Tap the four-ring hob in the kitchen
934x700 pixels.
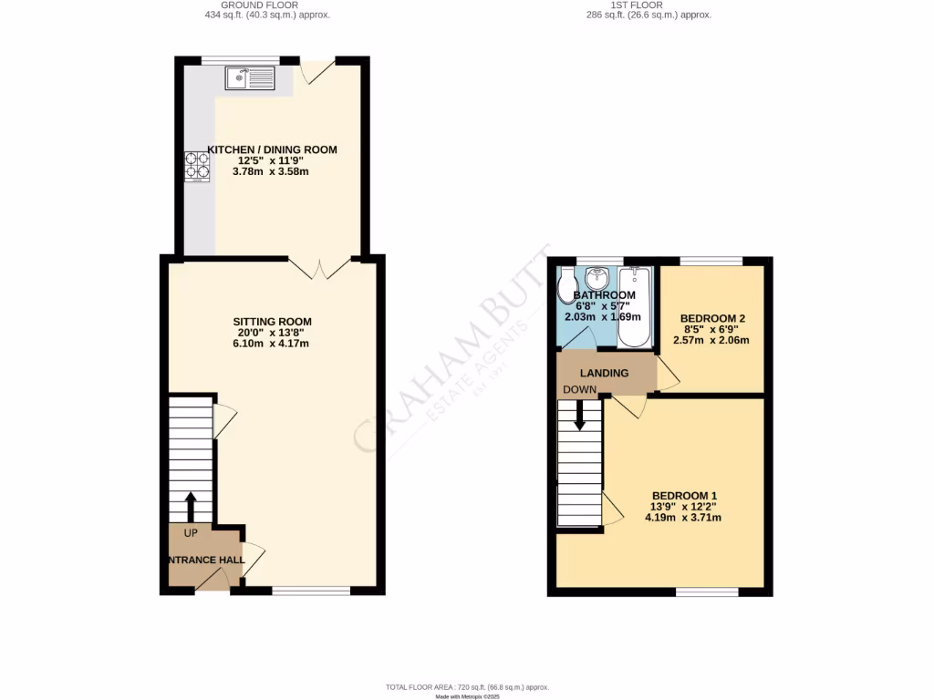[197, 165]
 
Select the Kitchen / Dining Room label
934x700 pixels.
[272, 149]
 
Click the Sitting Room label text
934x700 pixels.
[273, 322]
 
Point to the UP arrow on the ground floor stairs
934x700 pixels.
[191, 507]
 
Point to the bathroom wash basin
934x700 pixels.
[598, 277]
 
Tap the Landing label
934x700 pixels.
[605, 373]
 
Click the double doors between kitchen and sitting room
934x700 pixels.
[319, 267]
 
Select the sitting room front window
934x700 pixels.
[311, 592]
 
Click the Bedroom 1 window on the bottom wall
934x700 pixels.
[707, 592]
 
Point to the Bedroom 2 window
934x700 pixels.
[711, 262]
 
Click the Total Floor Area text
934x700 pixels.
[467, 686]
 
